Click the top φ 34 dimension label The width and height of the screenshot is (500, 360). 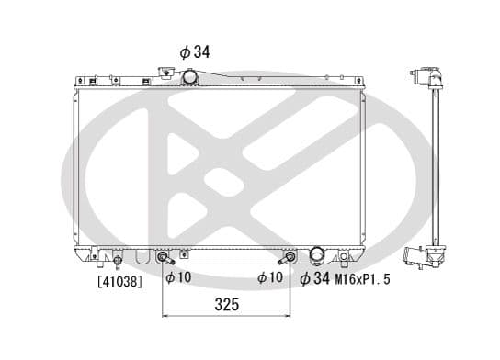(194, 52)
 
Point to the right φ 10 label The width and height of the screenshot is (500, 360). (270, 277)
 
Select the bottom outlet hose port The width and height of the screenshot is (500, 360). (317, 253)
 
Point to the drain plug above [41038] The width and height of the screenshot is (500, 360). (116, 261)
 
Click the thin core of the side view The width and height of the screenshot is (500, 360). (434, 165)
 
